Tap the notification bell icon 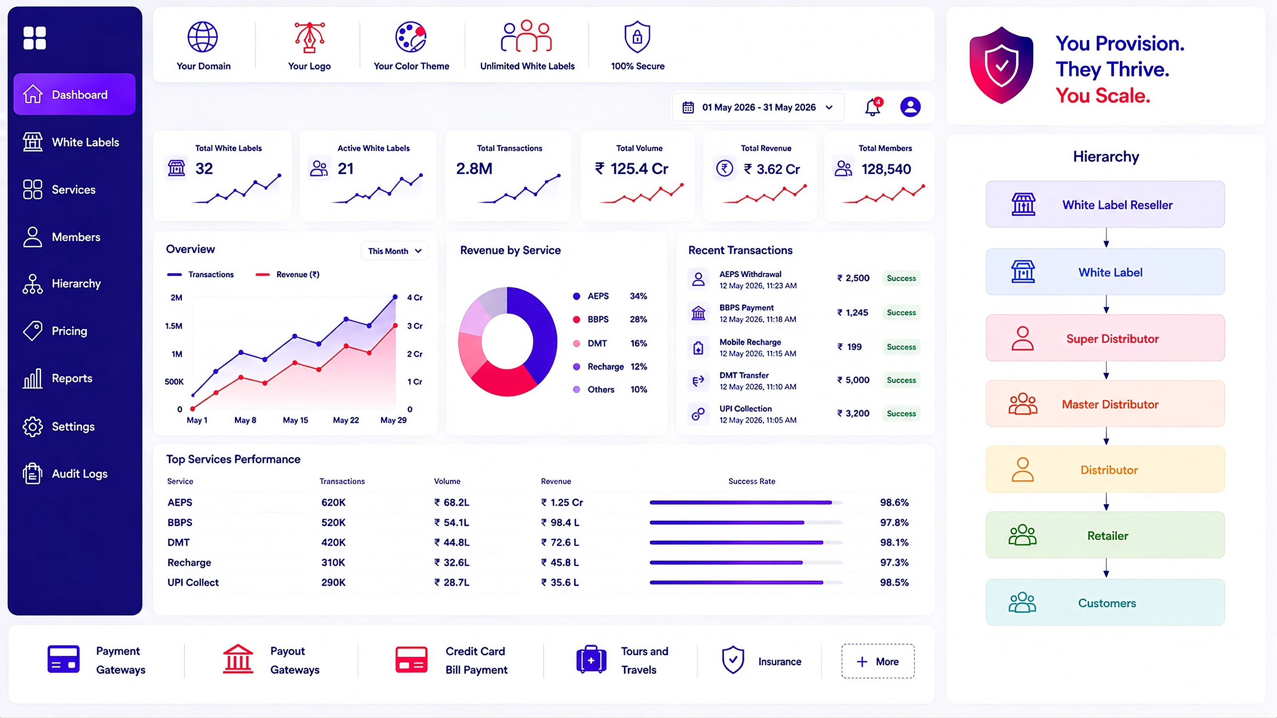[x=873, y=107]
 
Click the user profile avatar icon [x=910, y=107]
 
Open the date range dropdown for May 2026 [x=758, y=107]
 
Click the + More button [x=878, y=661]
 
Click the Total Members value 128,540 [x=886, y=169]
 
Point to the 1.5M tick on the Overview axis [x=174, y=326]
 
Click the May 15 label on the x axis [x=296, y=420]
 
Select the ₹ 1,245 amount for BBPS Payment [x=853, y=313]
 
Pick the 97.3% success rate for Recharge [x=894, y=562]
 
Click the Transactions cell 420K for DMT [x=333, y=543]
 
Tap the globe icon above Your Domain [x=202, y=37]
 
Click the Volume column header [x=447, y=481]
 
